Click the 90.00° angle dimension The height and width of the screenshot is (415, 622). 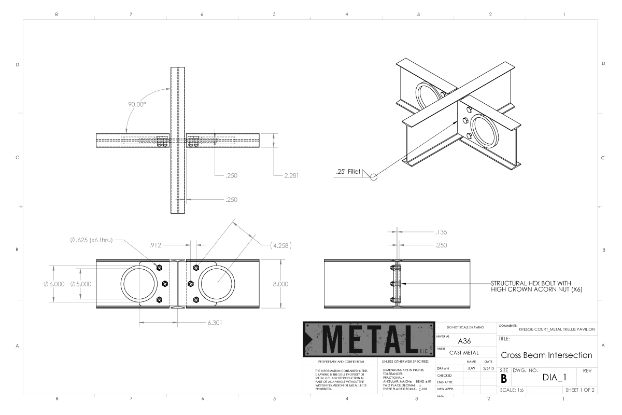point(137,104)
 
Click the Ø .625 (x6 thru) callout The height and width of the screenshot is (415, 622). point(90,240)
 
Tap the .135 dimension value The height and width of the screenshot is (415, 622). point(442,233)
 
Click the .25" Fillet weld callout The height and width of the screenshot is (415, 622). point(347,172)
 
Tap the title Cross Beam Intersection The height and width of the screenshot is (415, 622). point(546,355)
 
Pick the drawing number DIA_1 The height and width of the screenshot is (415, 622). point(553,377)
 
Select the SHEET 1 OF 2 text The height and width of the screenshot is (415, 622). point(579,390)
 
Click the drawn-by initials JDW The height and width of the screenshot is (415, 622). point(471,368)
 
